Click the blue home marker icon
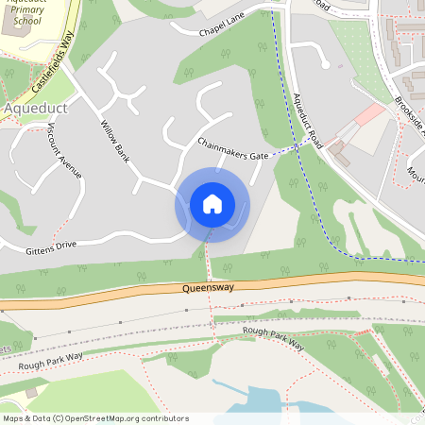coord(212,203)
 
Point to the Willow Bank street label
coord(115,139)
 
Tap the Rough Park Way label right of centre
coord(273,337)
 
